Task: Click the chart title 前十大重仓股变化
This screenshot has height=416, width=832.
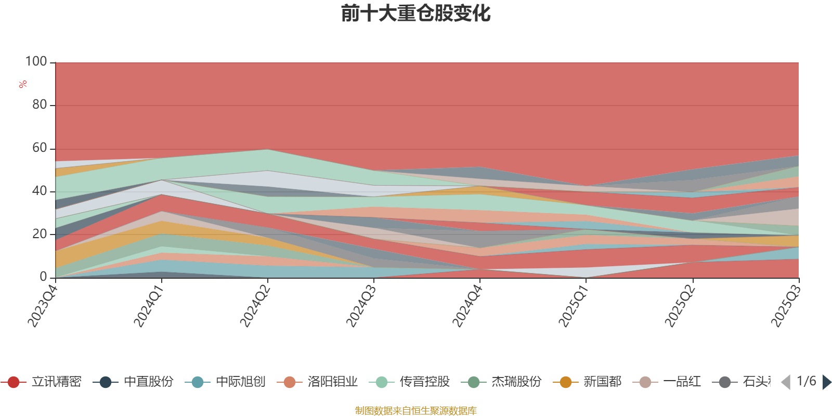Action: (416, 14)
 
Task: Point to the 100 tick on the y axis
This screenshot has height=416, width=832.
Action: (36, 62)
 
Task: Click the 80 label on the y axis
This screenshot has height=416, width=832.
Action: (39, 105)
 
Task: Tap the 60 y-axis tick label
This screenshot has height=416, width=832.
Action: (39, 148)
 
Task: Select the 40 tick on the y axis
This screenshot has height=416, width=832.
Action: (39, 191)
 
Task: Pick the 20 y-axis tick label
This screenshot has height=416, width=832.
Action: (39, 235)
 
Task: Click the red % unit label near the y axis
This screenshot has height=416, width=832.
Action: (23, 84)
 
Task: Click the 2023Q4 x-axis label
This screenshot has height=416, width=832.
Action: (43, 303)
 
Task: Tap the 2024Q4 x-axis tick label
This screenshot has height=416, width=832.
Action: (467, 303)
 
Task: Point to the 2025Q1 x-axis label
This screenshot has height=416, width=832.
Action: (573, 303)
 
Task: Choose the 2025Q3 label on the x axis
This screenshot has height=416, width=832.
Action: (785, 303)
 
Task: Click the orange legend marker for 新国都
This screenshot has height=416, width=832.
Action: (565, 382)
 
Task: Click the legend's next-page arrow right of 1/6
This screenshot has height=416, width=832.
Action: (826, 382)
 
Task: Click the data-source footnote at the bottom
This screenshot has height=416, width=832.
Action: (416, 411)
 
